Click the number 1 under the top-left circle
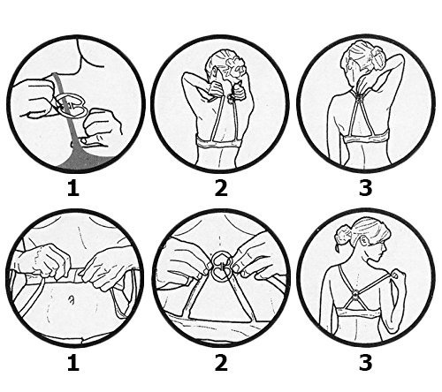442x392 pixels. (73, 188)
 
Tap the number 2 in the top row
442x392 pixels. (221, 188)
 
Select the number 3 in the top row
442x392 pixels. (365, 188)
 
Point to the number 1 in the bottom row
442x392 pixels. (73, 363)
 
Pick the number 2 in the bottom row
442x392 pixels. (221, 363)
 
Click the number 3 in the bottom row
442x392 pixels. (365, 363)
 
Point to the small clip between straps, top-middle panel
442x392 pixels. (231, 98)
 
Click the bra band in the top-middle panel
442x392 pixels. (219, 142)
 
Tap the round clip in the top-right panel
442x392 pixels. (360, 99)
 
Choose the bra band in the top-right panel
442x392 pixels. (366, 137)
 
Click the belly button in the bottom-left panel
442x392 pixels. (71, 300)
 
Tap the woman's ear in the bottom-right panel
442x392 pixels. (365, 242)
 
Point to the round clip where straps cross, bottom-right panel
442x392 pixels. (356, 293)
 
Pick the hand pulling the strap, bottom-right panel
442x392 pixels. (396, 277)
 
